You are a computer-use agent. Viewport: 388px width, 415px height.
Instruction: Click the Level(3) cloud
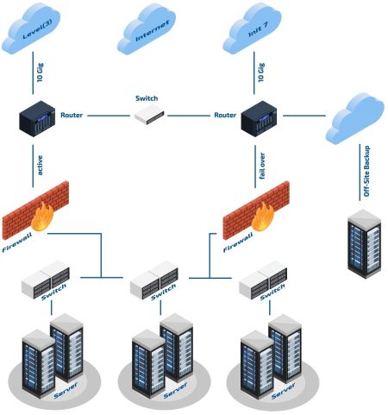31,28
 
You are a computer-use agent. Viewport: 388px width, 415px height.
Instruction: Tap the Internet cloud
147,28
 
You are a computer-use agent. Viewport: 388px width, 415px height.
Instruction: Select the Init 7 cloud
253,28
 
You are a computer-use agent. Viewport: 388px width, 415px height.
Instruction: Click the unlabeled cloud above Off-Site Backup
355,118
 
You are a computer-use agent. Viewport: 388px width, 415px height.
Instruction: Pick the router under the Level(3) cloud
37,118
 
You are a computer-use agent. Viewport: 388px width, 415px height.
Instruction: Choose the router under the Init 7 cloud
259,118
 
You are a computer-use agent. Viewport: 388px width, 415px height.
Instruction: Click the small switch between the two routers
149,115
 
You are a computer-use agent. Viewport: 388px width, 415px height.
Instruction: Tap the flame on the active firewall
42,217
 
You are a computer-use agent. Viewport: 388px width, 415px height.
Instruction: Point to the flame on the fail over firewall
263,217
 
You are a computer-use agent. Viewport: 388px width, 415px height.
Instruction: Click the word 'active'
41,166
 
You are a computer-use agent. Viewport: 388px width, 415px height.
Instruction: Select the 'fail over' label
262,166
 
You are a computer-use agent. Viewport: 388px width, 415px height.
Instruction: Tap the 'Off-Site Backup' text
366,172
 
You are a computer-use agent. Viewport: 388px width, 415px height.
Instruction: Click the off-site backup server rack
365,244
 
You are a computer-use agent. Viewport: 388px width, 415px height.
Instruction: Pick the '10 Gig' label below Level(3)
41,72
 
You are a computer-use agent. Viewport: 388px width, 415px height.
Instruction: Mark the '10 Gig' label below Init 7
261,72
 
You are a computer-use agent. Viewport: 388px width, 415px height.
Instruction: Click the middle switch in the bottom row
154,280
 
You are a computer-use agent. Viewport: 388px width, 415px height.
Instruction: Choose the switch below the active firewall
46,280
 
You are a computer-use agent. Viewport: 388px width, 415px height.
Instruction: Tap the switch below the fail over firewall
263,280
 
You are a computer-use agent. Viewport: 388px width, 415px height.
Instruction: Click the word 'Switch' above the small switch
147,98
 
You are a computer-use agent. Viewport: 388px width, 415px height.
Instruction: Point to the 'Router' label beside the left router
72,115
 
